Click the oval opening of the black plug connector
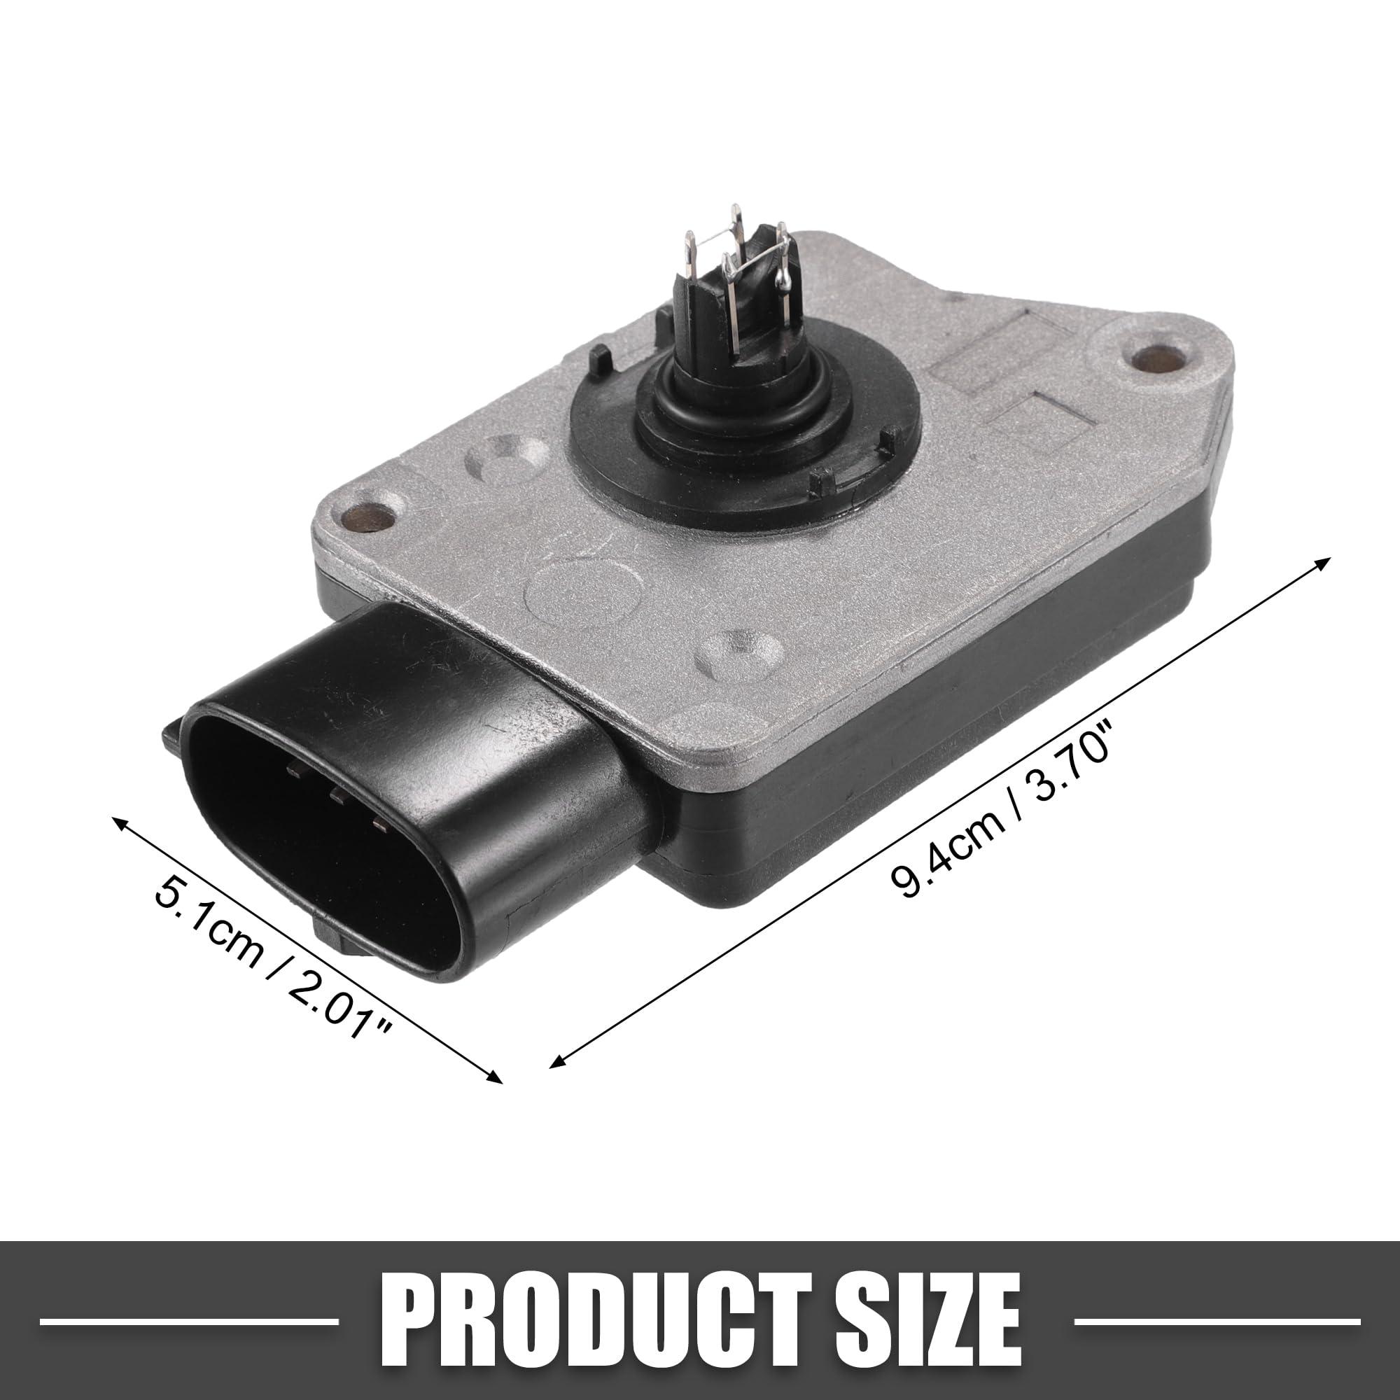click(318, 833)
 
